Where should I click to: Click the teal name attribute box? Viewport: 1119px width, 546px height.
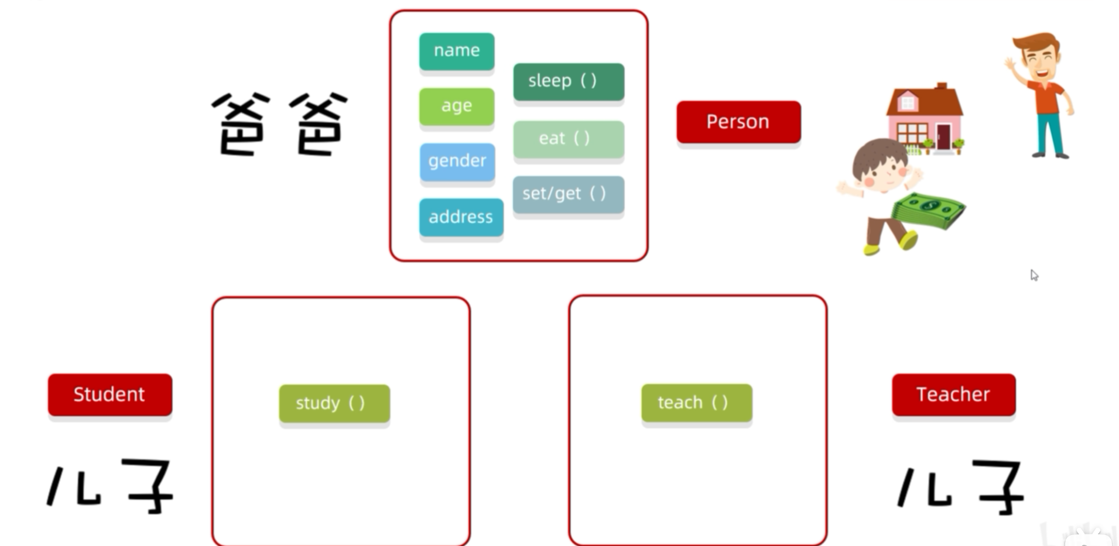coord(456,51)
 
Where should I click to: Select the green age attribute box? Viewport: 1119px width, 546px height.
coord(456,106)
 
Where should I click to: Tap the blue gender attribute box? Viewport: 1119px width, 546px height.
coord(457,161)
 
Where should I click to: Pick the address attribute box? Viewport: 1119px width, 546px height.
coord(461,217)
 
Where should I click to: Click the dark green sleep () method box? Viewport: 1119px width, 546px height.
coord(568,81)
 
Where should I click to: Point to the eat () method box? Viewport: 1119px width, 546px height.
coord(568,139)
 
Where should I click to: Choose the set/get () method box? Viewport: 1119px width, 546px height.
coord(568,194)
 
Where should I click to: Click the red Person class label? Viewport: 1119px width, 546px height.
coord(738,122)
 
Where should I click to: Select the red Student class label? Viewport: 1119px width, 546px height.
coord(109,394)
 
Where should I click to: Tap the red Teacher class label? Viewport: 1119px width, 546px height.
coord(953,394)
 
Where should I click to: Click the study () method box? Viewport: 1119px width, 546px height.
coord(334,403)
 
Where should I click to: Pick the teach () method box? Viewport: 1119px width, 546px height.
coord(696,403)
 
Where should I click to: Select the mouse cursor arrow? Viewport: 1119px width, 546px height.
coord(1034,274)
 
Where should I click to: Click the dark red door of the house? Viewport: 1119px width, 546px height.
coord(943,137)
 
